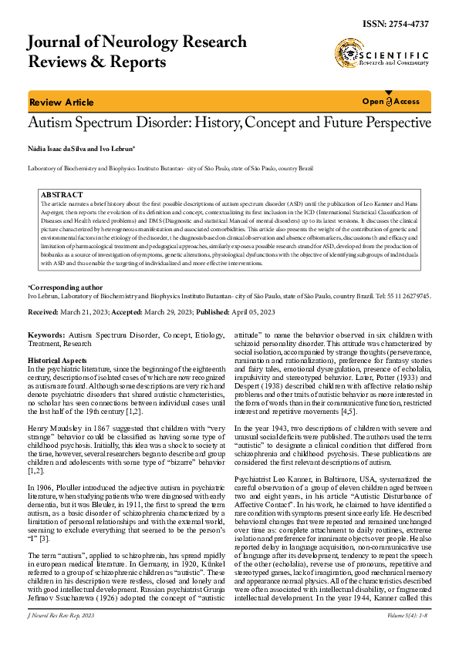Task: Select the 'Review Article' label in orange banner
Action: point(61,103)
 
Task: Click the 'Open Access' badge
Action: point(391,102)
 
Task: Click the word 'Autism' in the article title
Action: point(52,124)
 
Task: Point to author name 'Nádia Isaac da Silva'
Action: point(56,148)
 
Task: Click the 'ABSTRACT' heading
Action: point(62,196)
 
